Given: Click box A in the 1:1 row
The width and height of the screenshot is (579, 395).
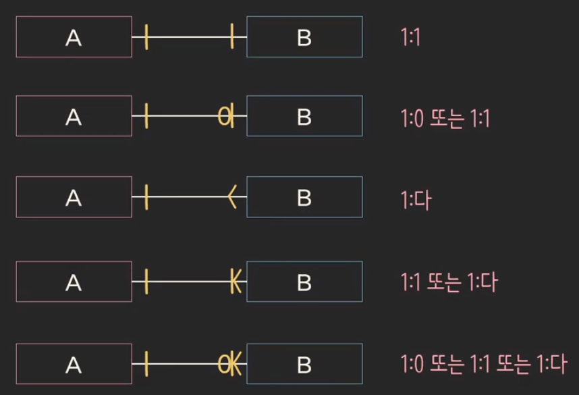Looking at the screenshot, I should pos(74,37).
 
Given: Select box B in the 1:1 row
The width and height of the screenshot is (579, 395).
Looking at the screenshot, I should pos(304,37).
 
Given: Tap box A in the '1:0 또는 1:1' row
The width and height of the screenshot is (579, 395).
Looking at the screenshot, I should pos(74,116).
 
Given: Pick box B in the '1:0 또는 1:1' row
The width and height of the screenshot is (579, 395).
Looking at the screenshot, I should pos(304,116).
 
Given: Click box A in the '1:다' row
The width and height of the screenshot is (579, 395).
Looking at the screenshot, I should pos(74,197).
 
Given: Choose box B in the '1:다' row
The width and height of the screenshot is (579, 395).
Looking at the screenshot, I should pos(304,197).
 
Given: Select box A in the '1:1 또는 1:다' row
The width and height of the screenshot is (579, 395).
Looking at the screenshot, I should pos(74,282).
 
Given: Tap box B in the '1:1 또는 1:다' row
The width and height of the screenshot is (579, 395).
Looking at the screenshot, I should pos(304,282).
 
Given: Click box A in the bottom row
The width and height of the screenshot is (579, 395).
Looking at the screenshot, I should pos(74,364).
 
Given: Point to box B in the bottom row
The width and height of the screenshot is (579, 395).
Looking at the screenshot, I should pos(304,364).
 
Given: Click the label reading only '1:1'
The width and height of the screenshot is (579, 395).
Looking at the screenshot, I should pos(410,37).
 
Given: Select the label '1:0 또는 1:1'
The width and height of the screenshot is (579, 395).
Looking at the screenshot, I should pos(445,118).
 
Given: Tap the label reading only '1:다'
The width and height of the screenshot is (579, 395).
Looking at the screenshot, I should pos(416,199).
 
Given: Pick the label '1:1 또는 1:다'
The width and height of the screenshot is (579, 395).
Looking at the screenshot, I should pos(449,282).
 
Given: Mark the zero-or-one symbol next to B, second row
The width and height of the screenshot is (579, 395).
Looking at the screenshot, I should pos(226,117).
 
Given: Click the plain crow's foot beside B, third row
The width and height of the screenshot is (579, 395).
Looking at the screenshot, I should pos(233,198).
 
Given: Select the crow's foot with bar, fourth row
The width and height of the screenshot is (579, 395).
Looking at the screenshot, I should pos(235,282).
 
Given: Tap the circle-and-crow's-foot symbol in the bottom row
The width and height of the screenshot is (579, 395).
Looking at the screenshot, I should pos(230,365).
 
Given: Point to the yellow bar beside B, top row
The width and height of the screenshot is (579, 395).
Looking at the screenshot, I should pos(231,36).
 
